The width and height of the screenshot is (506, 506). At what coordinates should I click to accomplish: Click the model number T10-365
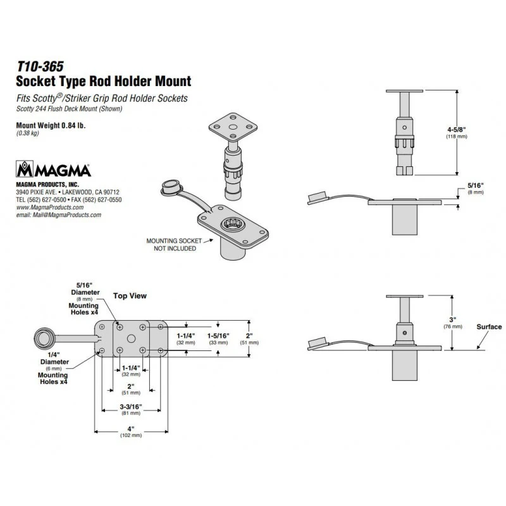40,66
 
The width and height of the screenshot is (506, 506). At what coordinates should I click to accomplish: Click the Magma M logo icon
25,169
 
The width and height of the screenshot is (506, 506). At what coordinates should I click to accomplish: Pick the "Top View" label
130,295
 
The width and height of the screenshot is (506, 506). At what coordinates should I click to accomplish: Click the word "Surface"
489,326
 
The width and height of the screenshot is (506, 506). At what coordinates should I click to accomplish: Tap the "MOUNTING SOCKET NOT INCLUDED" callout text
175,245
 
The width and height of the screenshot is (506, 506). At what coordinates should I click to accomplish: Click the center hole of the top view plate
131,338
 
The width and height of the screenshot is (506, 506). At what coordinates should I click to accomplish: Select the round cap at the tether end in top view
44,339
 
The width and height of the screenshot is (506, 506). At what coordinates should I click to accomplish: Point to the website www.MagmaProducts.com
50,207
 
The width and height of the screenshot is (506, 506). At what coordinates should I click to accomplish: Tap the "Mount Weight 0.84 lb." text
51,125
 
